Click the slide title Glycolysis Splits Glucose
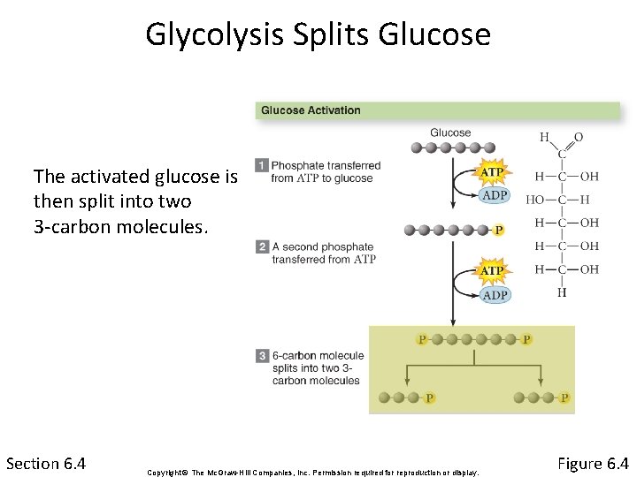click(x=318, y=34)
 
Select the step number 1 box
click(x=262, y=165)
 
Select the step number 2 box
click(x=262, y=246)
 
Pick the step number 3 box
click(x=262, y=356)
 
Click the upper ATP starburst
click(x=492, y=171)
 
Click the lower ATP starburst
click(x=492, y=270)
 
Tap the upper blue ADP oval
click(x=495, y=195)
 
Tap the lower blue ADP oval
click(x=495, y=295)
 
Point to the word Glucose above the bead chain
click(x=450, y=133)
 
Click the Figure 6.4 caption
click(x=593, y=464)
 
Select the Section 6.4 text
click(x=45, y=464)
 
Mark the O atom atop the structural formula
click(x=579, y=138)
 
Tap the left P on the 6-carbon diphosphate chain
click(x=421, y=338)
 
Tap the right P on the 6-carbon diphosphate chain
click(x=527, y=338)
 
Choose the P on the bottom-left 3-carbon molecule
click(x=429, y=397)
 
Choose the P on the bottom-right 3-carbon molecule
click(x=564, y=397)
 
